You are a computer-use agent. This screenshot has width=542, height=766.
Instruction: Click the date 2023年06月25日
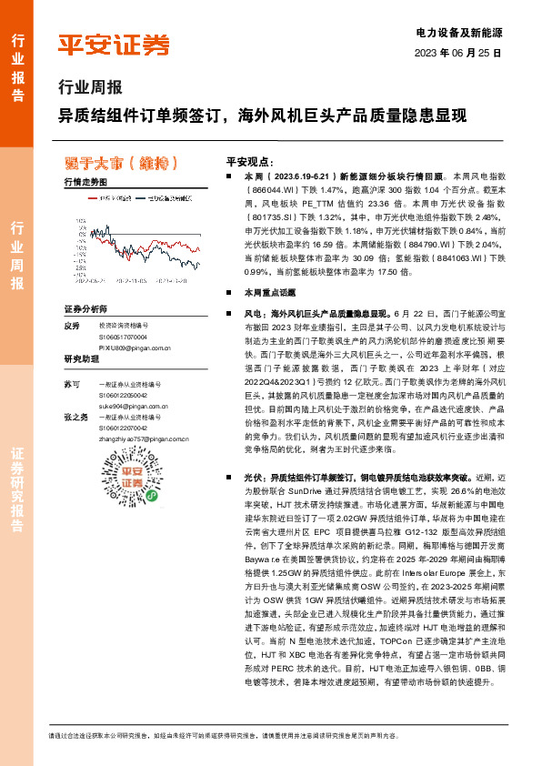[x=457, y=53]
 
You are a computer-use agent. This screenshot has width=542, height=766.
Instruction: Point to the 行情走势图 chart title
[x=86, y=182]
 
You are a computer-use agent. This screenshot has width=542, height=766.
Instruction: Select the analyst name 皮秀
[x=73, y=326]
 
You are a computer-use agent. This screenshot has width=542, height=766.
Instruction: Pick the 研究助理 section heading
[x=81, y=359]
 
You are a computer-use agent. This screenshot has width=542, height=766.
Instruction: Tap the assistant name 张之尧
[x=76, y=417]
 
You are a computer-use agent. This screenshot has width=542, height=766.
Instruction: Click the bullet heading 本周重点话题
[x=264, y=294]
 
